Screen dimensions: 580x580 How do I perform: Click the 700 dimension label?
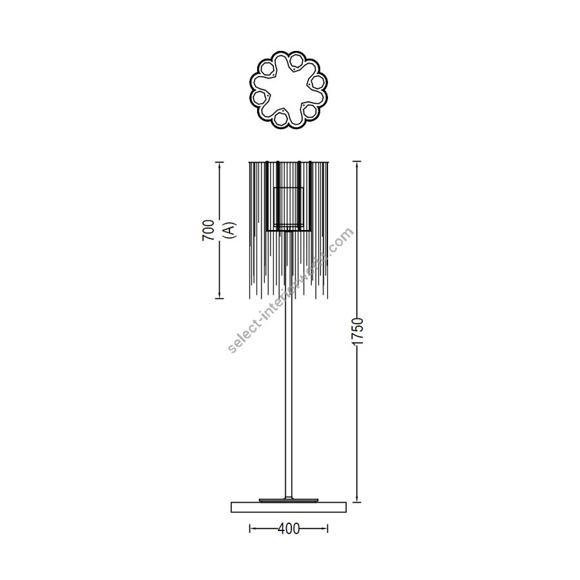pyautogui.click(x=208, y=229)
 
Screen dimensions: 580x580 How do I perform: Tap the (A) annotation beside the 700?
pyautogui.click(x=229, y=229)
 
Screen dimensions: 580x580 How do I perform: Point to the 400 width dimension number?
pyautogui.click(x=289, y=528)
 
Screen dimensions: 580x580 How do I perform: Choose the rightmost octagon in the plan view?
pyautogui.click(x=317, y=82)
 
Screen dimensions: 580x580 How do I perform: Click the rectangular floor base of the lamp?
pyautogui.click(x=289, y=507)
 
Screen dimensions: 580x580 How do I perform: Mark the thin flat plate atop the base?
pyautogui.click(x=289, y=500)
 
